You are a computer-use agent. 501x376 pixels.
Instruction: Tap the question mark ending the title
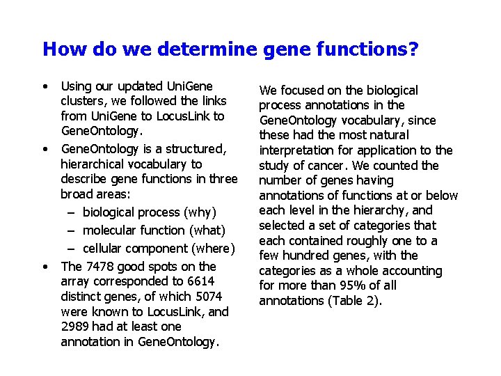(x=413, y=49)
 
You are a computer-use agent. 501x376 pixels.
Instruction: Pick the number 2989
(x=77, y=327)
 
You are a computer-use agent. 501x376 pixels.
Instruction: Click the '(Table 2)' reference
(x=354, y=301)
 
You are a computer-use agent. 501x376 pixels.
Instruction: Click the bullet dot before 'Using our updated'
(x=45, y=87)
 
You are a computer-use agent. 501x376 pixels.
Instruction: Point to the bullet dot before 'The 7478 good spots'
(x=45, y=267)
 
